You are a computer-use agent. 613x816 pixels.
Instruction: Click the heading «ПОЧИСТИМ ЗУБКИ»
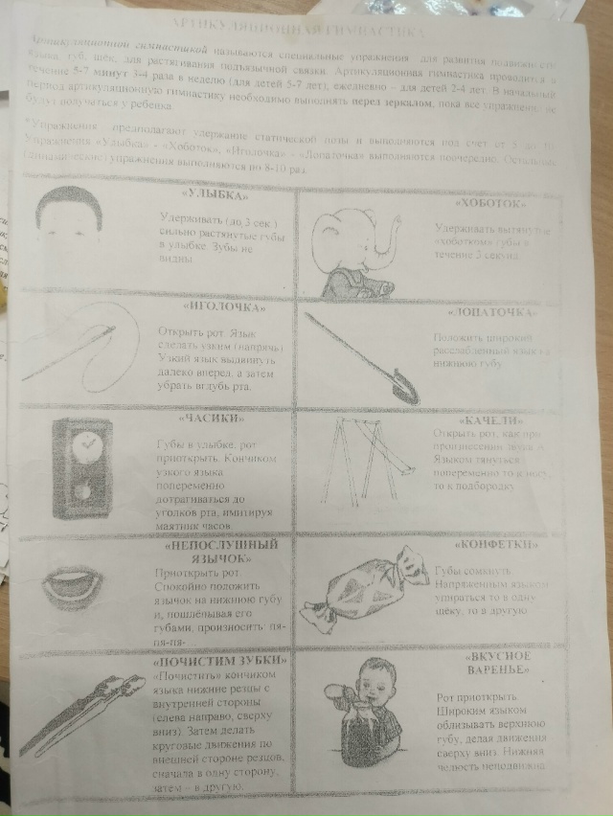[x=203, y=660]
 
